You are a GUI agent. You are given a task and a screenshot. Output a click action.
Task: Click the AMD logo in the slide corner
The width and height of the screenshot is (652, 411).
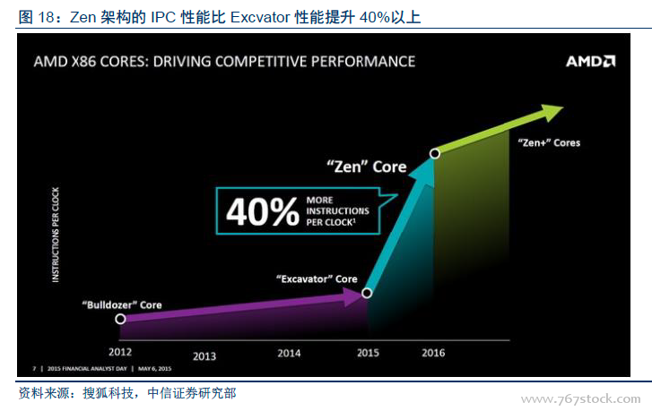pos(590,62)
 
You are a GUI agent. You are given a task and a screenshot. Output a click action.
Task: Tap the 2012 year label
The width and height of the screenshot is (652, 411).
pos(120,351)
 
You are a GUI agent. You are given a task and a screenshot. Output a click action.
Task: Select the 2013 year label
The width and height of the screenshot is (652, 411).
pos(204,355)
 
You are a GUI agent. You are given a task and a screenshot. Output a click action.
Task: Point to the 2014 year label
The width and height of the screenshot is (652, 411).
pos(289,353)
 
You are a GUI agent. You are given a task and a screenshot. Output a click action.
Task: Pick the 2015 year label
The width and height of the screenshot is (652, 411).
pos(369,353)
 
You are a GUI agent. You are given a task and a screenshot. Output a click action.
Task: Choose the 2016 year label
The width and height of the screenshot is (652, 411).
pos(433,353)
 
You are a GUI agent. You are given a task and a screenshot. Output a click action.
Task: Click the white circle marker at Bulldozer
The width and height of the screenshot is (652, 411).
pos(120,318)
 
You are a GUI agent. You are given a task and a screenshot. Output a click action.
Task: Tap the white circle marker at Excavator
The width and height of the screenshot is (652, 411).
pos(366,293)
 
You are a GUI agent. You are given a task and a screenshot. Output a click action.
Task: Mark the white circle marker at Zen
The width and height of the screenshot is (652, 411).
pos(435,154)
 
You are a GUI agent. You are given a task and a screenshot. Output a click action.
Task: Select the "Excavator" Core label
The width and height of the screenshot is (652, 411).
pos(316,279)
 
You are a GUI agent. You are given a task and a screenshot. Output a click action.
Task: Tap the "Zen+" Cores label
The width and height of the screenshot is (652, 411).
pos(550,142)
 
